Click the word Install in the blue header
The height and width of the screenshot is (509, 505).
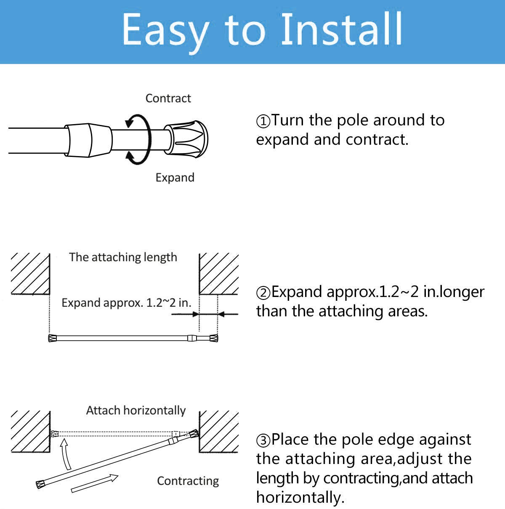[x=341, y=29]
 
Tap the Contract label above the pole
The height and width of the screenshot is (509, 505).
[x=168, y=98]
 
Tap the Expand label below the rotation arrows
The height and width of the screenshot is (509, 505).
[x=175, y=178]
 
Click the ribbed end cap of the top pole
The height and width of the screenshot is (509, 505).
[x=186, y=138]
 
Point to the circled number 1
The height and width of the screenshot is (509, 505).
[x=263, y=121]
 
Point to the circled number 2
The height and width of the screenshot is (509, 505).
[x=263, y=293]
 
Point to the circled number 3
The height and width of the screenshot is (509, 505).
[x=263, y=440]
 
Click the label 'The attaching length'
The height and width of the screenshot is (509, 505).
[x=123, y=257]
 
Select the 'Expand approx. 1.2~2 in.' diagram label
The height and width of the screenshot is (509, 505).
[x=126, y=303]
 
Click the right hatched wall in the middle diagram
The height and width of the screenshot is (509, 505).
[x=218, y=273]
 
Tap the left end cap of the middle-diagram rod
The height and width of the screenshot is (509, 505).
[x=53, y=338]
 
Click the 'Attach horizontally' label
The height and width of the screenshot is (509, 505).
[x=136, y=411]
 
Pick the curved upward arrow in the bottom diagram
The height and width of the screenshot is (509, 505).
[x=65, y=454]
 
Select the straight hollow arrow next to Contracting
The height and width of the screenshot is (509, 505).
[x=95, y=483]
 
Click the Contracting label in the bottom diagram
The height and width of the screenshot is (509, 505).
[x=188, y=481]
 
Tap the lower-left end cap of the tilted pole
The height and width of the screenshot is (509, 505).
[x=41, y=484]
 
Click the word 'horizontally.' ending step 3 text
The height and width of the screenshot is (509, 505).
[x=300, y=498]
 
